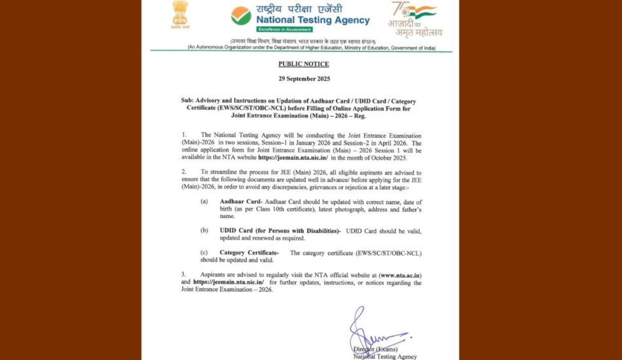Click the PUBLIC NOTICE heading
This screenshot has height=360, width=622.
point(303,64)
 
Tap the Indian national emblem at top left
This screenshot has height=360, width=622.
point(179,14)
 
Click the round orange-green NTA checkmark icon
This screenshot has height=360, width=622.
point(241,16)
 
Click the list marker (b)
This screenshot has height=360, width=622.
point(204,230)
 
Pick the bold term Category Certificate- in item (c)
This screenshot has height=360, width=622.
point(249,253)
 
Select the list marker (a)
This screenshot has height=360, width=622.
point(204,201)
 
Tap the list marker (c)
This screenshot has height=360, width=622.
point(204,253)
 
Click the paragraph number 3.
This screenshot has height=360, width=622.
point(184,275)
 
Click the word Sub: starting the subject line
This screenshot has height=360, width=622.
point(188,101)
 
